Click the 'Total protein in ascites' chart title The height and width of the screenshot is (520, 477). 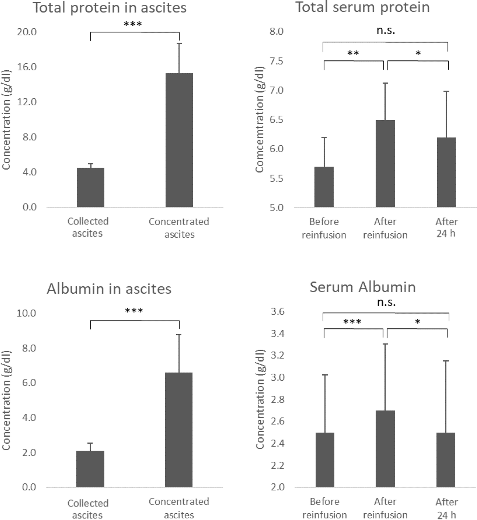(x=110, y=8)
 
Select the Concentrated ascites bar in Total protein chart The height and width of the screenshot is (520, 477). (x=179, y=140)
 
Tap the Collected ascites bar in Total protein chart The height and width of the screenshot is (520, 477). (x=91, y=187)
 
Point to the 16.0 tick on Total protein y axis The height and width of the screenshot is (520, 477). (x=27, y=67)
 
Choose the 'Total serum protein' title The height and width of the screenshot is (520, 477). (x=362, y=7)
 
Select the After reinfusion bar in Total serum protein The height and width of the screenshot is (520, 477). (x=385, y=163)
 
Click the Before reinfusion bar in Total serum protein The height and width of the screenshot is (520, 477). (x=324, y=187)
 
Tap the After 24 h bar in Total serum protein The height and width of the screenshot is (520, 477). (x=446, y=172)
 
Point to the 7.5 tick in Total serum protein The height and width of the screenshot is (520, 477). (x=276, y=61)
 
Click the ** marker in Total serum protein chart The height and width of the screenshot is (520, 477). (x=353, y=53)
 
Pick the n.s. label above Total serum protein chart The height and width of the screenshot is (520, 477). (x=386, y=31)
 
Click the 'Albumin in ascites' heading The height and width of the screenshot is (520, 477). (x=109, y=289)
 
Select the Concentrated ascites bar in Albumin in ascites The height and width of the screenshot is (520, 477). (x=179, y=430)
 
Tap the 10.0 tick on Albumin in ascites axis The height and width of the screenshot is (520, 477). (x=27, y=313)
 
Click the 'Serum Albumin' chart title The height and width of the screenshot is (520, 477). (x=362, y=287)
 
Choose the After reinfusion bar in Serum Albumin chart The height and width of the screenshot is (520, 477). (x=385, y=448)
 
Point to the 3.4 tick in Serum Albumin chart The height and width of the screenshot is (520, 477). (x=277, y=334)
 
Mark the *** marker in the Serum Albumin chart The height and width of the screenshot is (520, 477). (x=352, y=322)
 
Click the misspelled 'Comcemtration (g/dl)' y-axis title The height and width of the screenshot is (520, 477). (x=260, y=120)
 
